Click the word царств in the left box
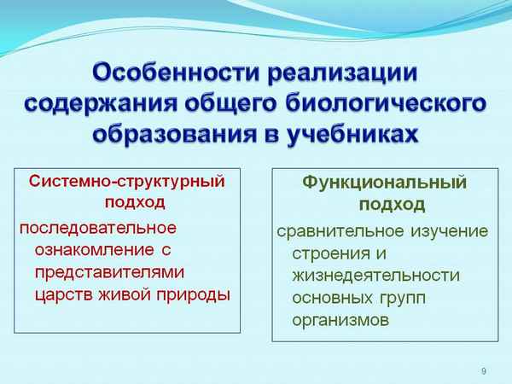pyautogui.click(x=62, y=296)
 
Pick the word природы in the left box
pyautogui.click(x=195, y=296)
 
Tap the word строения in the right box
pyautogui.click(x=327, y=254)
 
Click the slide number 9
pyautogui.click(x=484, y=370)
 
